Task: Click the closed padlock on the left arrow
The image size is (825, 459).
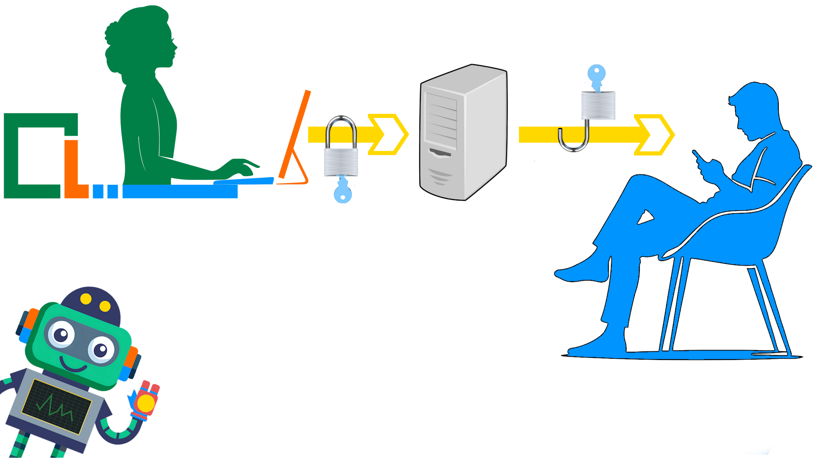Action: click(341, 157)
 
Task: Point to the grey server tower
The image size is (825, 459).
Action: click(463, 132)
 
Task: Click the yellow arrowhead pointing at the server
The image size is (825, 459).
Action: click(388, 134)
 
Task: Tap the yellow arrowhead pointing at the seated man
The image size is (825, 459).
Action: click(654, 135)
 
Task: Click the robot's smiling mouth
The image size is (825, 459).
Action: click(73, 365)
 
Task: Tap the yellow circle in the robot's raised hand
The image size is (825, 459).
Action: click(145, 402)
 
